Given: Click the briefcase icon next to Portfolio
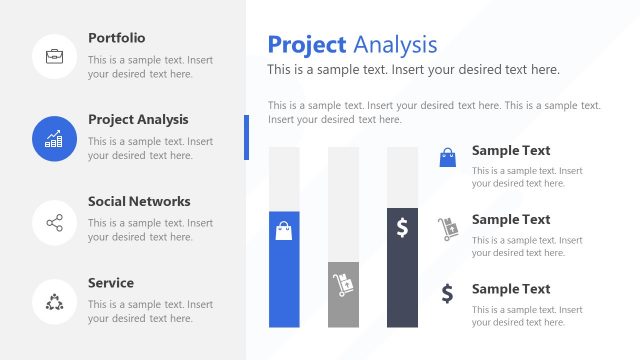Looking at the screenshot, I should tap(55, 56).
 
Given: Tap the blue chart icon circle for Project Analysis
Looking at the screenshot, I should tap(55, 138).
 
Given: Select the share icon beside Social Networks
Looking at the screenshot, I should tap(55, 222).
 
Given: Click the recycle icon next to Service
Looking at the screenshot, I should tap(55, 302).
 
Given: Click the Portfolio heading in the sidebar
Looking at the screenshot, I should tap(116, 38).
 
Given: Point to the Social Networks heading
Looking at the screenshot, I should tap(139, 201).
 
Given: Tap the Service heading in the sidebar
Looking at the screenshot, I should tap(110, 283).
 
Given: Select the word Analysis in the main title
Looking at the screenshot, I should tap(395, 44).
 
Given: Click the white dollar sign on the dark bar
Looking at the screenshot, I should tap(402, 228).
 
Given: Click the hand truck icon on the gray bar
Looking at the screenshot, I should tap(343, 284).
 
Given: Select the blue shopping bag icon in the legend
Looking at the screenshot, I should tap(447, 156).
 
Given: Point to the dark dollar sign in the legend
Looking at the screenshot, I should tap(447, 293).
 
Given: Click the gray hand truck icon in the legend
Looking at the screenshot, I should tap(447, 228).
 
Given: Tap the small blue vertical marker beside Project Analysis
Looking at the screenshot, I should tap(246, 137).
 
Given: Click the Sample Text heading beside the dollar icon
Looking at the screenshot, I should tap(511, 289).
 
